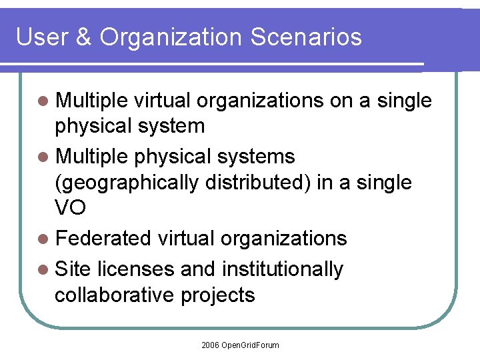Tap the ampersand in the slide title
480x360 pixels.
(83, 37)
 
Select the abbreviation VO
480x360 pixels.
(70, 209)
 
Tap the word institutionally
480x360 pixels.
(282, 269)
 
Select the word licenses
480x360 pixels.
(136, 269)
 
